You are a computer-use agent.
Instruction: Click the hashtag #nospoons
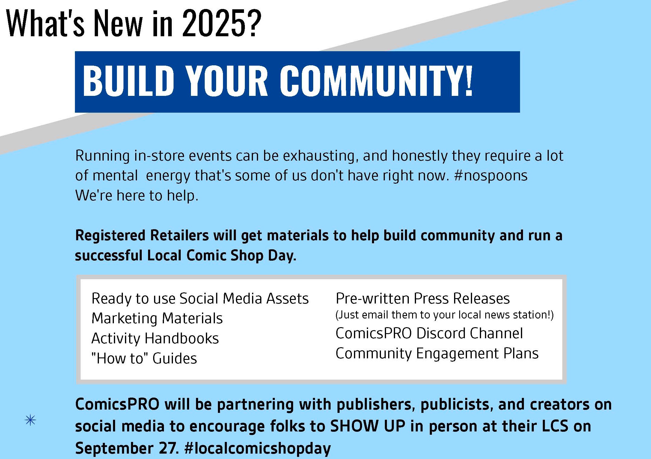pos(491,176)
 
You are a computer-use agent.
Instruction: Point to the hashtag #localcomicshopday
pos(258,448)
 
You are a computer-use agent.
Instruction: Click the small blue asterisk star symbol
pos(30,420)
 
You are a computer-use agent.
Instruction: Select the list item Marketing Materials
pos(157,318)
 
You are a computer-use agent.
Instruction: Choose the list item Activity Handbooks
pos(155,338)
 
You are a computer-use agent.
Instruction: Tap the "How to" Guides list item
pos(144,358)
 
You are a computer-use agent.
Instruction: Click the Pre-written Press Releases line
pos(423,298)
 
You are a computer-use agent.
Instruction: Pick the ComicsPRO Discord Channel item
pos(429,333)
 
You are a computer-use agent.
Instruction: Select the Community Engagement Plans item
pos(437,354)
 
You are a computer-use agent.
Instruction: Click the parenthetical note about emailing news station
pos(444,315)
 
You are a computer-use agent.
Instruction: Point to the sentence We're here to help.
pos(137,195)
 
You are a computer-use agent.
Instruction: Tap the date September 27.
pos(127,448)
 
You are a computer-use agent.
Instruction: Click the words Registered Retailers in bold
pos(142,235)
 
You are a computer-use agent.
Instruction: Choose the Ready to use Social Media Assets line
pos(200,298)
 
